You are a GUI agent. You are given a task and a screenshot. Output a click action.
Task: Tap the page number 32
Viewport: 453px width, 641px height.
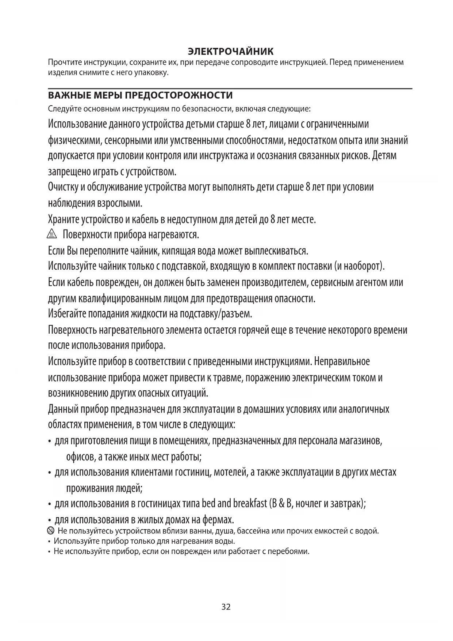pos(226,607)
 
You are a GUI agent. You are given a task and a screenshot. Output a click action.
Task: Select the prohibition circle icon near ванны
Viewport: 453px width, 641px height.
pos(51,531)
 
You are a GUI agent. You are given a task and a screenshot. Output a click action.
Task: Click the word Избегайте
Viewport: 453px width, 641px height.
pos(67,314)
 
